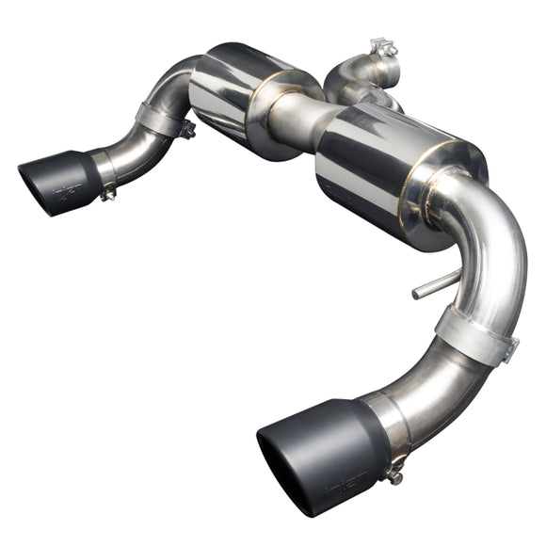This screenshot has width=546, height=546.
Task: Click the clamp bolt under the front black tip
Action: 396,475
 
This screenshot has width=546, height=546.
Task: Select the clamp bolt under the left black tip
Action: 109,193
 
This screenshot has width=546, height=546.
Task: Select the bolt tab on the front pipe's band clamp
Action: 509,351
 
